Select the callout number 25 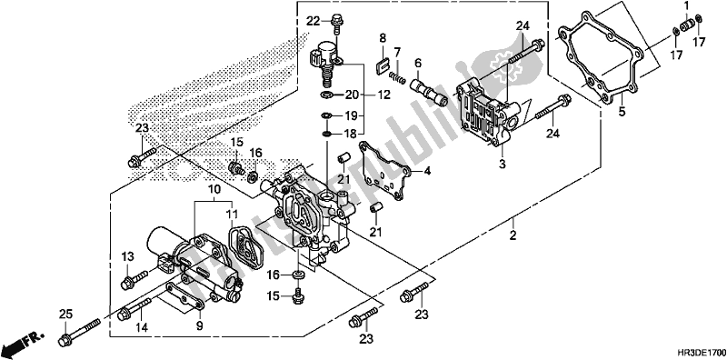[64, 314]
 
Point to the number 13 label [127, 257]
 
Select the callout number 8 [383, 37]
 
